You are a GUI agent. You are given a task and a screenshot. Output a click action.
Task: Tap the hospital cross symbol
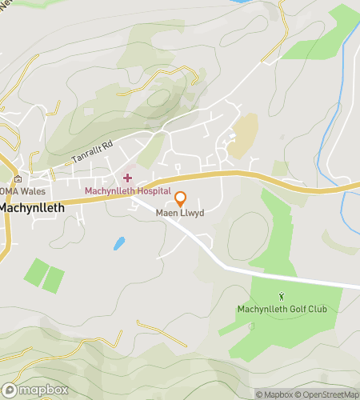[128, 177]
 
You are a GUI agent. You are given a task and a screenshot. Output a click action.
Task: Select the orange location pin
[180, 198]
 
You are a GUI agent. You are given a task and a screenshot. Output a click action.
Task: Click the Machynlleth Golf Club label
[282, 310]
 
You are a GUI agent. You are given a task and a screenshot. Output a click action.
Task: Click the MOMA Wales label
[23, 191]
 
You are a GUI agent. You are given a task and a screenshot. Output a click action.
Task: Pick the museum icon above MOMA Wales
[18, 177]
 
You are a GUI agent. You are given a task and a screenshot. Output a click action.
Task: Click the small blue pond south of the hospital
[119, 242]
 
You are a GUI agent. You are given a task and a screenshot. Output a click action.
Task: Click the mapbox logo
[35, 390]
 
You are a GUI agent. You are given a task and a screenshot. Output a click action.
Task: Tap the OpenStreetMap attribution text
[328, 394]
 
